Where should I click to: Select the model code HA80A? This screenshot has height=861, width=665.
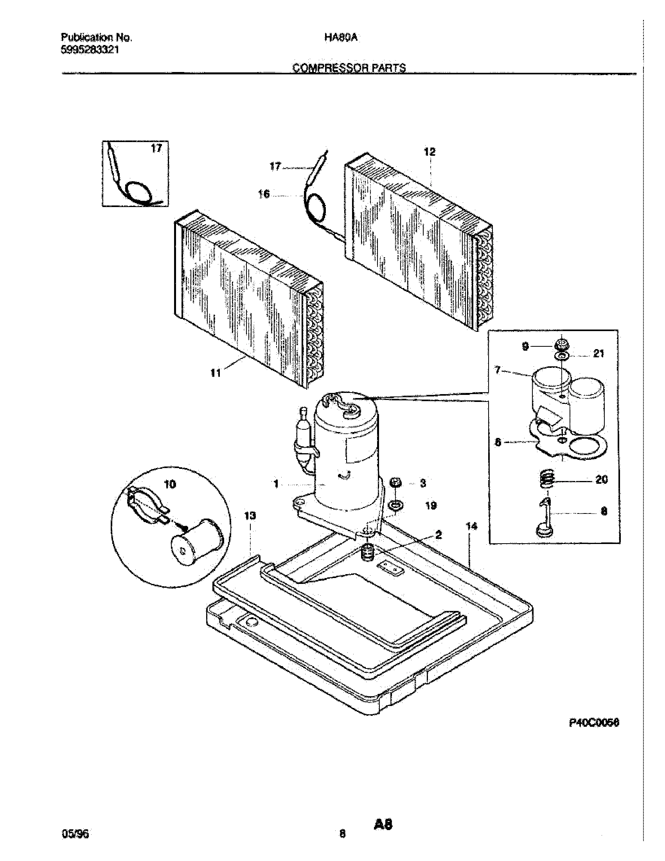point(341,38)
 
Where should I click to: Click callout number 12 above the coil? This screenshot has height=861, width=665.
point(430,152)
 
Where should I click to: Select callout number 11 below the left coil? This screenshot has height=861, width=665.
point(215,373)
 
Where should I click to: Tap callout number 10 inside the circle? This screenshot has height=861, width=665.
point(170,484)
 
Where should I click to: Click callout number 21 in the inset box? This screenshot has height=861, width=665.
point(598,354)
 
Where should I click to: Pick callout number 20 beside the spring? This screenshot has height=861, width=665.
point(602,479)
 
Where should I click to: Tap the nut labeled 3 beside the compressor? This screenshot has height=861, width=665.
point(395,482)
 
